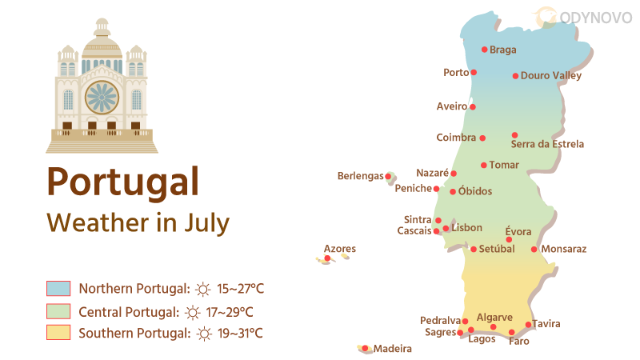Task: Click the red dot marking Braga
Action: (x=484, y=49)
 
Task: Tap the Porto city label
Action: (x=456, y=73)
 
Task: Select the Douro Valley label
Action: (x=551, y=76)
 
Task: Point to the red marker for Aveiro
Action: (x=473, y=106)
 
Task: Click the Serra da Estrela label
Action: (x=547, y=145)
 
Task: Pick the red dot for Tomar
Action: (x=483, y=166)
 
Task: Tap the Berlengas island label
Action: (x=361, y=176)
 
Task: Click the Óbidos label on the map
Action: (x=475, y=192)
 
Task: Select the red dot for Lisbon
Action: (x=446, y=229)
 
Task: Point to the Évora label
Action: (x=518, y=232)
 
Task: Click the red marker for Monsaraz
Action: (x=534, y=249)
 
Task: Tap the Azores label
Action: (x=339, y=249)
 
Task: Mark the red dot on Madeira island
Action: (x=365, y=348)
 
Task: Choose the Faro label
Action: (x=518, y=342)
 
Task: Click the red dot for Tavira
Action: (x=528, y=325)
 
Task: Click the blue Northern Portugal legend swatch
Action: (x=58, y=289)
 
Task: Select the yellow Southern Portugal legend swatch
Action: (x=58, y=333)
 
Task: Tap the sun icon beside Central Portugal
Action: (x=193, y=312)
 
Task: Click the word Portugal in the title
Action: (x=122, y=181)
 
